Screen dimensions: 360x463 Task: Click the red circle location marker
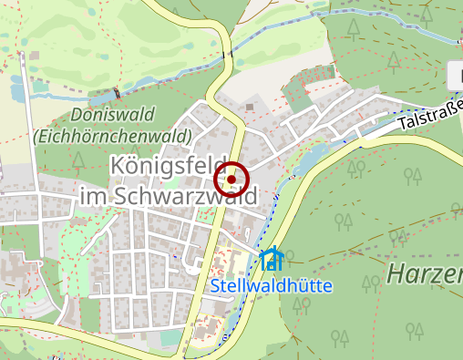coord(231,180)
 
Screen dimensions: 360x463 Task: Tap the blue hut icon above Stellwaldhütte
coord(271,260)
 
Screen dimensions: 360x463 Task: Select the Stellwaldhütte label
coord(272,285)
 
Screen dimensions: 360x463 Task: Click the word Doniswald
coord(110,116)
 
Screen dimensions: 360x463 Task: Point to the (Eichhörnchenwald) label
coord(111,136)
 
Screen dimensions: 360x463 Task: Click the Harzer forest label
coord(424,273)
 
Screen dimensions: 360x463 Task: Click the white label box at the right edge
coord(456,75)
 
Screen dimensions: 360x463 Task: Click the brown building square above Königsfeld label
coord(250,107)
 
